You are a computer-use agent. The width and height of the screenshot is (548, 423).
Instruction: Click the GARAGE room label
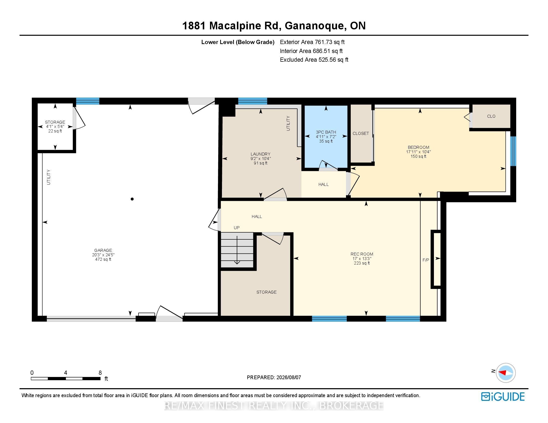tap(103, 250)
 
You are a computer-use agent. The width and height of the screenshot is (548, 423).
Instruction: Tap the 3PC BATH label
tap(326, 132)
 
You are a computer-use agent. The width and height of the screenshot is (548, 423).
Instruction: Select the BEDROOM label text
tap(418, 147)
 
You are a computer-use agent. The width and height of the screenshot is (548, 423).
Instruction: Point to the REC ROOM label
tap(362, 254)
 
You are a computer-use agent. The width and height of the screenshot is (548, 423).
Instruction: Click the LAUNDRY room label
tap(261, 154)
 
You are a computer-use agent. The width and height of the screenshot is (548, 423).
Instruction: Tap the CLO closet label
tap(491, 116)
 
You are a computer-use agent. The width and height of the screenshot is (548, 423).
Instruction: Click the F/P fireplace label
tap(426, 260)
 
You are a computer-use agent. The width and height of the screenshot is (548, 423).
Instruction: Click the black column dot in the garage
tap(132, 199)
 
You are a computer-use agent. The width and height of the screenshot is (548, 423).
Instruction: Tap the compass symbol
tap(506, 373)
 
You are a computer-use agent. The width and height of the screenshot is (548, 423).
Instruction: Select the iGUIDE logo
tap(503, 397)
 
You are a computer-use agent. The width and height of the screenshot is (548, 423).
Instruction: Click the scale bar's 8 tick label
tap(100, 373)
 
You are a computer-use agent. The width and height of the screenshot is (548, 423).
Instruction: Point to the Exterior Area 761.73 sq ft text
tap(312, 42)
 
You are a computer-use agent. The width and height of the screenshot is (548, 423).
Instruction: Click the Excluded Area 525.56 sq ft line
tap(314, 60)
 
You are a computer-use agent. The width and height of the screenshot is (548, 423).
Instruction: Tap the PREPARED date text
tap(274, 377)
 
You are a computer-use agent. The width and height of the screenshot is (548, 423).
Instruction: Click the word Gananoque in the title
tap(314, 26)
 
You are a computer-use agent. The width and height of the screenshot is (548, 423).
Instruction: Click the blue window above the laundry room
tap(253, 101)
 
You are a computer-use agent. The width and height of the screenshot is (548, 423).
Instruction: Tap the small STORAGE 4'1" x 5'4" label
tap(55, 127)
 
